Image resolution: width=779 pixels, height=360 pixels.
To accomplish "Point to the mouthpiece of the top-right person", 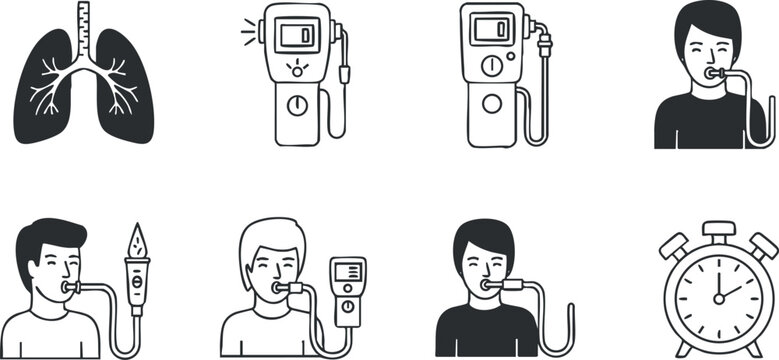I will point(713,73).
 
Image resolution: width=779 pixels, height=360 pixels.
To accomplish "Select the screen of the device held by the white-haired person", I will point(348,272).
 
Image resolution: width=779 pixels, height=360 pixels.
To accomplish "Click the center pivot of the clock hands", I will point(716,298).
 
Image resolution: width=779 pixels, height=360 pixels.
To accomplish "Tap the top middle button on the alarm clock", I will point(717,229).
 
